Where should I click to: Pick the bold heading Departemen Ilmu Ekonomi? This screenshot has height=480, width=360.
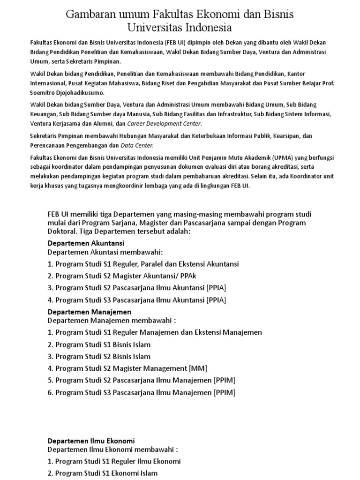pos(91,441)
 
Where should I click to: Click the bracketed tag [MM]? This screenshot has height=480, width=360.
pos(197,368)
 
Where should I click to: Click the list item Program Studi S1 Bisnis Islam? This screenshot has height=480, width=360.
pos(103,345)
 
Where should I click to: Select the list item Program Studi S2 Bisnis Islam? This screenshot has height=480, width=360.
pos(103,356)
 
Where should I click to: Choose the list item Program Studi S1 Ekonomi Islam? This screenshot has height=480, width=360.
pos(106,473)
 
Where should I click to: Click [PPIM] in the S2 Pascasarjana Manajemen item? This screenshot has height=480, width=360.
pos(224,380)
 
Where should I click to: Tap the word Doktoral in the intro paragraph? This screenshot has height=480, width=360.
pos(62,232)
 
